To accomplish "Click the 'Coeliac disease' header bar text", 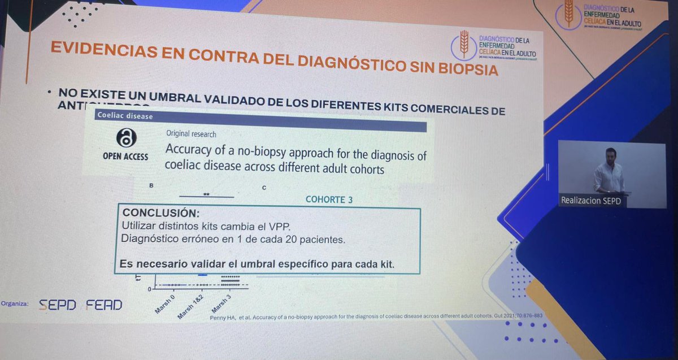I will point(125,116).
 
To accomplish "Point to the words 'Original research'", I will point(191,134).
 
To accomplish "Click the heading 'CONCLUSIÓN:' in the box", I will point(161,213).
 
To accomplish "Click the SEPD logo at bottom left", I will point(56,305).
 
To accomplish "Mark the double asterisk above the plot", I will point(206,194).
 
